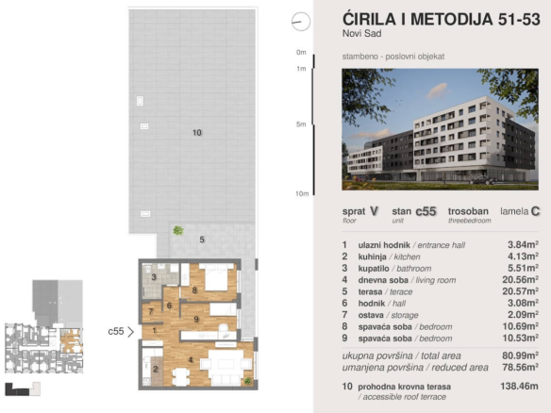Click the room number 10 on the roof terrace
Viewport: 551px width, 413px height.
[x=197, y=132]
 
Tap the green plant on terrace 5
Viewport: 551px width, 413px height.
[x=178, y=230]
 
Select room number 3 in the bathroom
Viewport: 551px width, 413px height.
[x=154, y=277]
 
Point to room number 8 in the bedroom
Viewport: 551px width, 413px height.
[x=194, y=290]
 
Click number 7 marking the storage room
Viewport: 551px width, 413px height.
[x=151, y=311]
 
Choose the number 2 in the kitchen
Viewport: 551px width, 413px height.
[x=156, y=369]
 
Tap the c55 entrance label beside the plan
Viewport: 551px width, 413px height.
[x=116, y=331]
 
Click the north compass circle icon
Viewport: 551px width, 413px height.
[x=301, y=22]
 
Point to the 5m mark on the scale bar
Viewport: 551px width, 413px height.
[x=301, y=124]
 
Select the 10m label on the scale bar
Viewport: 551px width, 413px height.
[x=302, y=193]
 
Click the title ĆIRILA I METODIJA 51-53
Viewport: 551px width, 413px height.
[x=441, y=19]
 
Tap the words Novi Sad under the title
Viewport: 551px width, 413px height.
[x=362, y=34]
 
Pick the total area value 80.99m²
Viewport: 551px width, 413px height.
[x=521, y=355]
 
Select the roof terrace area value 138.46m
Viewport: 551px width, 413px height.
[x=519, y=386]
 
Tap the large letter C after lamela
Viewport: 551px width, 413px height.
[x=535, y=211]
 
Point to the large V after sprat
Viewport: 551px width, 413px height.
[x=374, y=211]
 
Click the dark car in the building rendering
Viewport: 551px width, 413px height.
[x=483, y=180]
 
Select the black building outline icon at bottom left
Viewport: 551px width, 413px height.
[x=17, y=389]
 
